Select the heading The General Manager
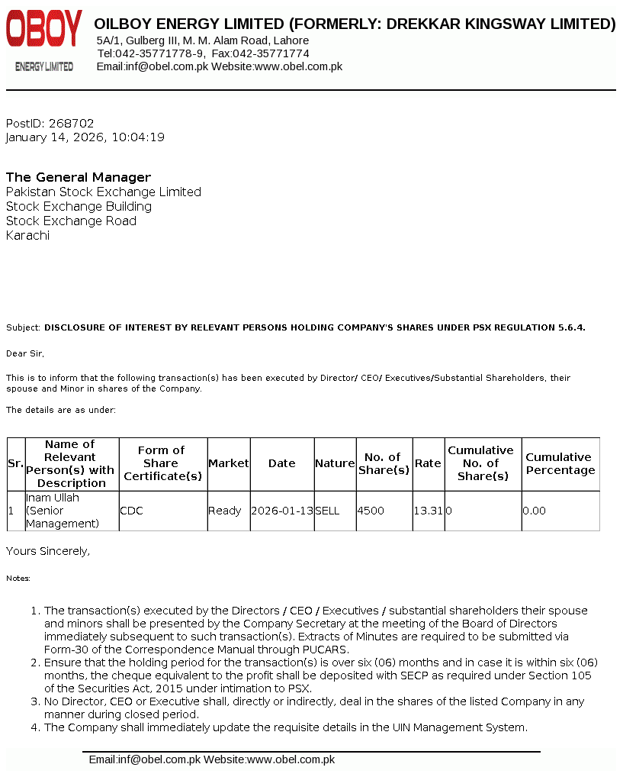pos(79,177)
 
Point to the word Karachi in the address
pos(27,235)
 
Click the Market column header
pos(229,463)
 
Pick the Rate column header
pos(428,463)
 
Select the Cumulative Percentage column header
pos(560,463)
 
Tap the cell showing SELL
pos(327,511)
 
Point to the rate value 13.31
pos(428,511)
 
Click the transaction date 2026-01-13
pos(281,511)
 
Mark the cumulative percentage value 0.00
pos(535,511)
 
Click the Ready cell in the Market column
pos(225,511)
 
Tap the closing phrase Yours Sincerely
pos(48,550)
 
